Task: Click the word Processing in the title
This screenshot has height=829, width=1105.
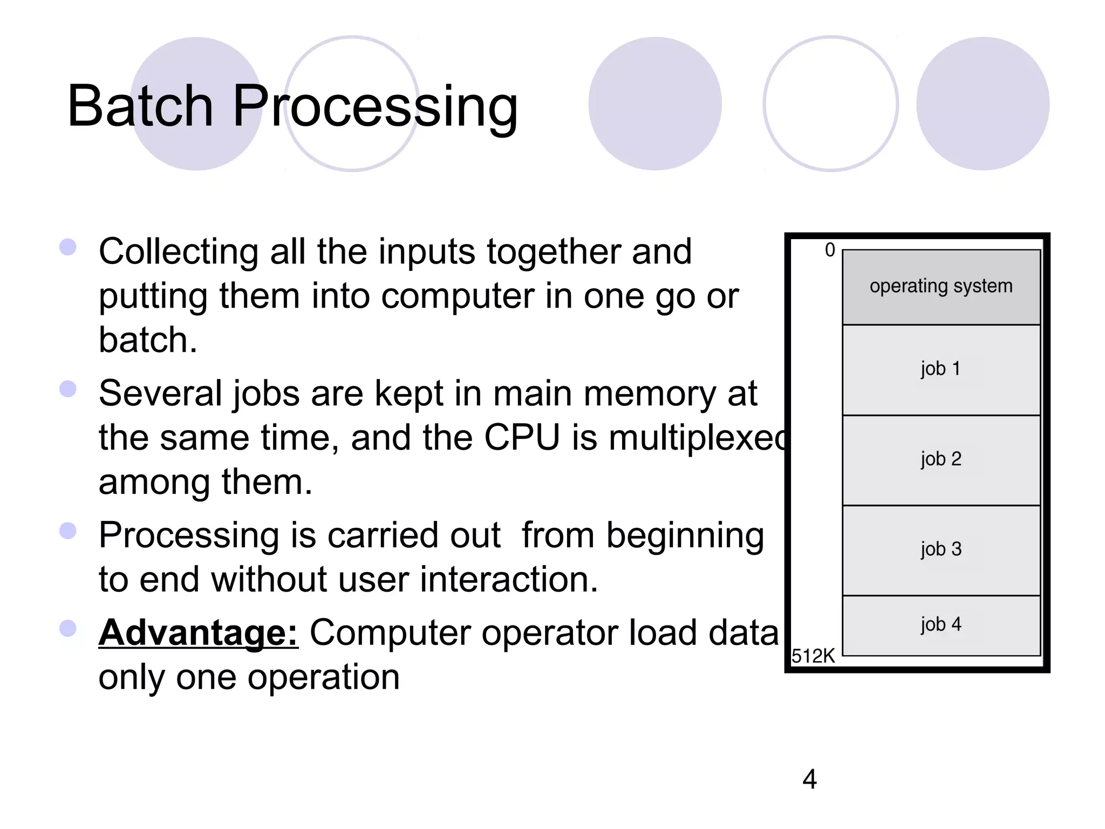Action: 375,106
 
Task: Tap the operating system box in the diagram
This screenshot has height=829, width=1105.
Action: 941,287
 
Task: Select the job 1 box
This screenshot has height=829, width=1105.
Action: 941,370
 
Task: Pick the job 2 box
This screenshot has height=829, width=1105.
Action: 941,460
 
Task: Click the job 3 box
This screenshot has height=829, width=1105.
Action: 941,550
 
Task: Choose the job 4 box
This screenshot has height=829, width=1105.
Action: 941,625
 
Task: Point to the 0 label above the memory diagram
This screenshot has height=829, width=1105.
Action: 830,250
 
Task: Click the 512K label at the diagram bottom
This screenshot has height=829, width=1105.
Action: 813,656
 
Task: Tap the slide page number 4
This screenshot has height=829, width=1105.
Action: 809,779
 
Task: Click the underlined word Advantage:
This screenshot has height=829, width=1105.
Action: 198,633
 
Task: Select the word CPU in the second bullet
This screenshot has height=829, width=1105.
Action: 522,437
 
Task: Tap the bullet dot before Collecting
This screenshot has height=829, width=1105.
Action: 68,247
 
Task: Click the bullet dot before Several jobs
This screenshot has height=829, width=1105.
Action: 68,389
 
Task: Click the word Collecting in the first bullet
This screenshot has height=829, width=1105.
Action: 179,253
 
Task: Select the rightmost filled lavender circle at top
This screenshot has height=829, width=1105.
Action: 983,104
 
